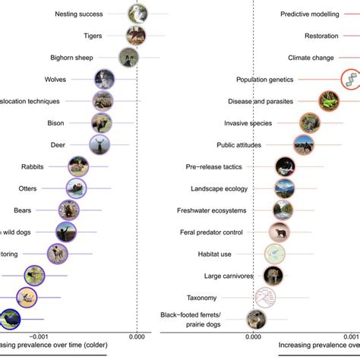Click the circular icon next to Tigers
pyautogui.click(x=136, y=36)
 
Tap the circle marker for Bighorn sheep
pyautogui.click(x=128, y=57)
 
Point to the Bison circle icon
pyautogui.click(x=101, y=122)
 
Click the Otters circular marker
pyautogui.click(x=76, y=187)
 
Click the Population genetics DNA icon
pyautogui.click(x=350, y=79)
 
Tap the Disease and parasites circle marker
pyautogui.click(x=329, y=101)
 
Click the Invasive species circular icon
pyautogui.click(x=309, y=122)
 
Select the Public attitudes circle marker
pyautogui.click(x=304, y=144)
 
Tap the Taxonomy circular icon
pyautogui.click(x=264, y=297)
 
